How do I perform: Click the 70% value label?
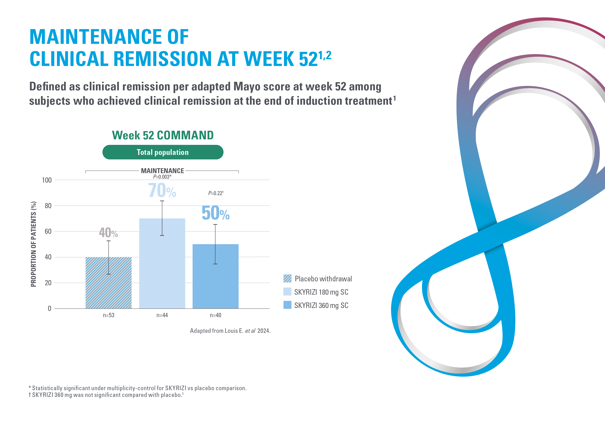tap(162, 191)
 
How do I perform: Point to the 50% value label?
tap(215, 213)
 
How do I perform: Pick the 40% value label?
tap(108, 233)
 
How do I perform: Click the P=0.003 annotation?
tap(162, 177)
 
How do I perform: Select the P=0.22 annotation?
tap(216, 193)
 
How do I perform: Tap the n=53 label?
tap(108, 315)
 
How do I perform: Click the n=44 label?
tap(162, 315)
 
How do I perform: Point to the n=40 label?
tap(215, 315)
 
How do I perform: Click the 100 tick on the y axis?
tap(47, 180)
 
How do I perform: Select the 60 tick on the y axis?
tap(48, 232)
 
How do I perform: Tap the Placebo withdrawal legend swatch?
tap(287, 278)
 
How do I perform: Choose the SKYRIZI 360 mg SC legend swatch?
tap(287, 305)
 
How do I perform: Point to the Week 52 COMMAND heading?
tap(163, 135)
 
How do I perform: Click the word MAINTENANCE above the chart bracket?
tap(162, 171)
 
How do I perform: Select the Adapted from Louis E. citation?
tap(230, 331)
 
